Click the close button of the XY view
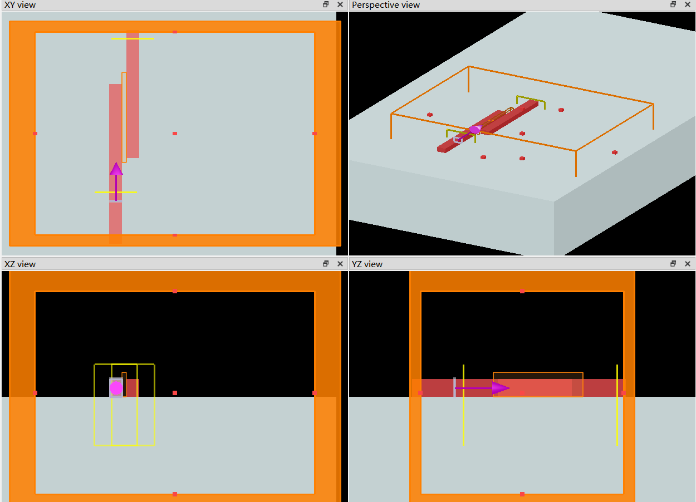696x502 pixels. point(340,4)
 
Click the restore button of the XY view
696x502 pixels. point(326,4)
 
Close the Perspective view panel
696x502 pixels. point(688,4)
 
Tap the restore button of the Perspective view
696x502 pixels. point(673,4)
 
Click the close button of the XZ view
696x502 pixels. point(340,264)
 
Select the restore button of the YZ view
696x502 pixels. point(673,264)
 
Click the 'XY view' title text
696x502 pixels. point(20,5)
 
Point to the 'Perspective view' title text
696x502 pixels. point(386,5)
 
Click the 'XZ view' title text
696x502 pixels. point(20,264)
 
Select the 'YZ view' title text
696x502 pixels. point(367,264)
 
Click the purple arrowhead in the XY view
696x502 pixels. point(116,169)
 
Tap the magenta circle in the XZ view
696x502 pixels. point(116,388)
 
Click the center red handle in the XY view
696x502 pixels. point(175,134)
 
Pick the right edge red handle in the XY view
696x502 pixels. point(315,134)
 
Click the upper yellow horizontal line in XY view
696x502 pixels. point(133,38)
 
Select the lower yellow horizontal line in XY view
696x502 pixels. point(116,193)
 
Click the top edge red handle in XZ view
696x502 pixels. point(175,291)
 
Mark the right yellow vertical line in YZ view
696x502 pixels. point(617,405)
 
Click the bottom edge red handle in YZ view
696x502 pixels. point(522,494)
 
